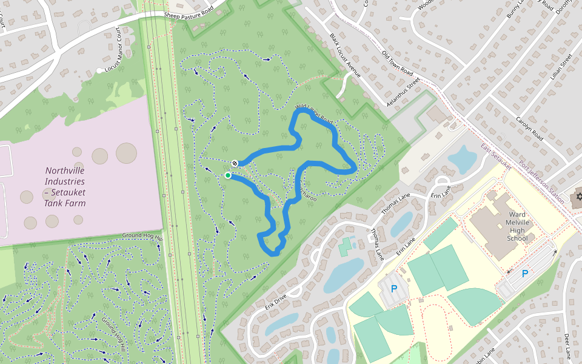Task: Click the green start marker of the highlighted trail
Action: pyautogui.click(x=228, y=175)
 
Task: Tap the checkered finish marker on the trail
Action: pyautogui.click(x=235, y=163)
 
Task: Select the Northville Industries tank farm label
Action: pyautogui.click(x=65, y=187)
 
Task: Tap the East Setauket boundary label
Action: pyautogui.click(x=497, y=157)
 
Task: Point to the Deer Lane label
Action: pyautogui.click(x=567, y=345)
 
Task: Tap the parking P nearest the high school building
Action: pyautogui.click(x=525, y=274)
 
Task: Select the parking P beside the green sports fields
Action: pyautogui.click(x=393, y=289)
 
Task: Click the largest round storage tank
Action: pyautogui.click(x=126, y=153)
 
